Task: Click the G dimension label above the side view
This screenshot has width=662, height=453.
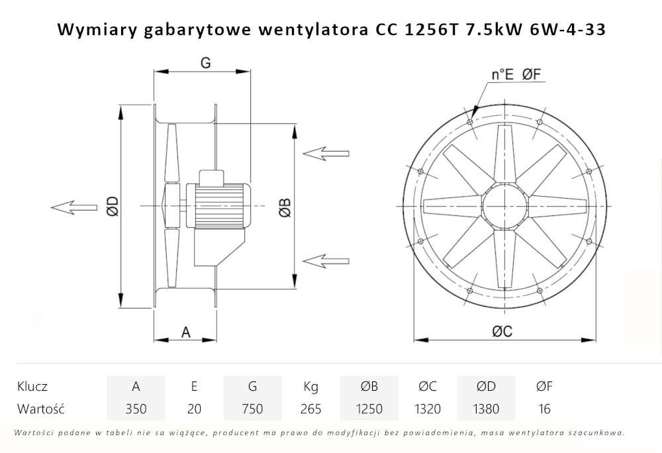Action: click(205, 63)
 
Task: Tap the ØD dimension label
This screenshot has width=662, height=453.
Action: click(113, 206)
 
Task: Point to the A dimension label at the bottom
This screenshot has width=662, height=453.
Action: click(186, 332)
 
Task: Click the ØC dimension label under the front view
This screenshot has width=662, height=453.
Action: click(502, 331)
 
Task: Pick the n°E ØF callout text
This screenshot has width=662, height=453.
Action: click(516, 75)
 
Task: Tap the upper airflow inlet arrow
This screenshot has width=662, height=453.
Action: click(326, 153)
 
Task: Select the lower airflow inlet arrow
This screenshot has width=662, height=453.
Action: click(326, 261)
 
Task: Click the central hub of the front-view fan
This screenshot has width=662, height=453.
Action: click(505, 205)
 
